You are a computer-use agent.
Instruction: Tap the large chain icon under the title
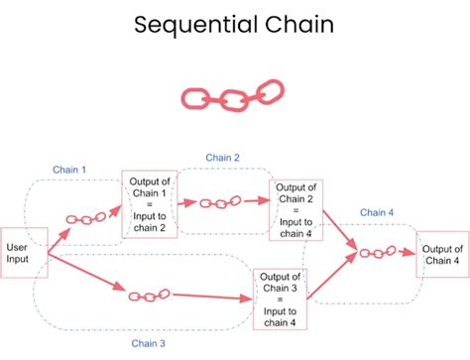point(231,98)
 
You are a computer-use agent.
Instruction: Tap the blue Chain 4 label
point(378,211)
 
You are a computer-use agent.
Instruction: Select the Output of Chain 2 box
point(296,210)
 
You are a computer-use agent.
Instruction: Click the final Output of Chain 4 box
point(441,253)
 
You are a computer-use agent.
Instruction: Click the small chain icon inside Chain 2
point(220,202)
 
